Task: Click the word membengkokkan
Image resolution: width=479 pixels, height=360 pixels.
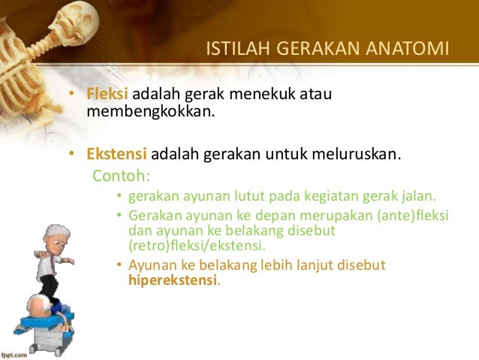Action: pos(150,113)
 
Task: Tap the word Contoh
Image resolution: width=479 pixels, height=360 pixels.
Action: pos(121,177)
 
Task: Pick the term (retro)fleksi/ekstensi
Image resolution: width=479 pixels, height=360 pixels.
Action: pos(196,246)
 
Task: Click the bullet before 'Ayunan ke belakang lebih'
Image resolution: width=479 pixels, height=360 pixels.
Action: pos(119,265)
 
